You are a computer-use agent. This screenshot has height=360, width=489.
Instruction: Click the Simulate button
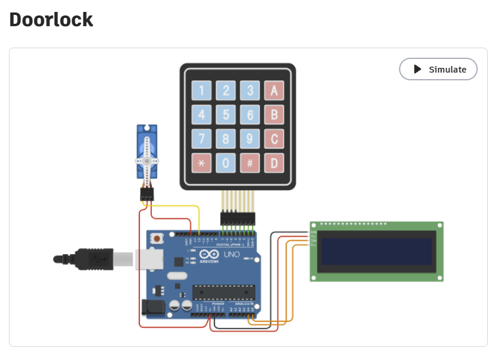[x=438, y=69]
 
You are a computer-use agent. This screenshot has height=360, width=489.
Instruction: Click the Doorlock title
[x=51, y=19]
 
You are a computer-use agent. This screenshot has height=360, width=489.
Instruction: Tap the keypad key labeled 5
[x=226, y=114]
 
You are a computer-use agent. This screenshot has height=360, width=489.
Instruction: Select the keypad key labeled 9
[x=250, y=139]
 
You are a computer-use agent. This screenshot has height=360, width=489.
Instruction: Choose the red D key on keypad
[x=274, y=162]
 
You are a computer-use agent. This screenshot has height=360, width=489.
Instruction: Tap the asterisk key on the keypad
[x=201, y=162]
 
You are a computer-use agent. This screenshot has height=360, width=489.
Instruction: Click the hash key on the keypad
[x=250, y=162]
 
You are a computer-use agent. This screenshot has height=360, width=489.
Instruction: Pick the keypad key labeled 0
[x=226, y=162]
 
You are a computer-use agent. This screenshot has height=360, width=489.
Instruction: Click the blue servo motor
[x=147, y=152]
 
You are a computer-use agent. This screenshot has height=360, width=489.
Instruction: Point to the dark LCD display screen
[x=376, y=252]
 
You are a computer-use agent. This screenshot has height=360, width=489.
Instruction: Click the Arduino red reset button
[x=156, y=239]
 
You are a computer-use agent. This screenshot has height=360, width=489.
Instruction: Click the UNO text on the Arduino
[x=231, y=255]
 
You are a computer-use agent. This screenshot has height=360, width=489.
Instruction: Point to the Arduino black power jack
[x=151, y=307]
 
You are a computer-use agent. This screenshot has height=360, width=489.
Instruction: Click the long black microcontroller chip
[x=223, y=292]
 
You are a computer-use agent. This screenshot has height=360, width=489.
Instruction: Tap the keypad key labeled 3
[x=250, y=90]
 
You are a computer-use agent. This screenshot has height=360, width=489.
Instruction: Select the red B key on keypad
[x=274, y=114]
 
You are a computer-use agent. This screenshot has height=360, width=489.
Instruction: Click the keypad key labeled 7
[x=201, y=139]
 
